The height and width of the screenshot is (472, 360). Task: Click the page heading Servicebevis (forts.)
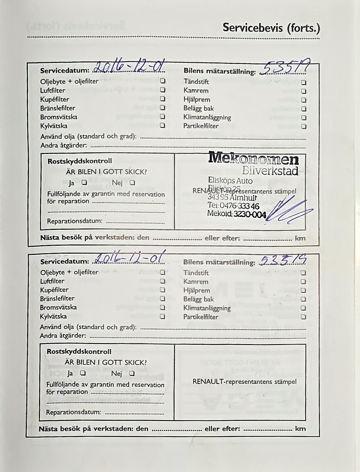coord(271,28)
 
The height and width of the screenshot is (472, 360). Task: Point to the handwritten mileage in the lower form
coord(283,260)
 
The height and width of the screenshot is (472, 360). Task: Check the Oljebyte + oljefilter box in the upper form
coord(163,81)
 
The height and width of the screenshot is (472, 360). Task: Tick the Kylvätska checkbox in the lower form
coord(162,316)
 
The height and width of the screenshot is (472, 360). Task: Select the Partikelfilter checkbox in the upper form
coord(303,127)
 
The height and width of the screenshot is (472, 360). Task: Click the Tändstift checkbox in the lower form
coord(303,273)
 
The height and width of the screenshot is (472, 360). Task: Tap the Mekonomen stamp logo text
coord(253,159)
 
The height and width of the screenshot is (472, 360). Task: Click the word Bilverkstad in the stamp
coord(270,171)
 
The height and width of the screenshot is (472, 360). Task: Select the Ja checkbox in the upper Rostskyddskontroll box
coord(84,182)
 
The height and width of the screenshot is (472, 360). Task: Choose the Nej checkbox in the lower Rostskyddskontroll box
coord(131,373)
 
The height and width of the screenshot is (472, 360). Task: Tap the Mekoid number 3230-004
coord(250,214)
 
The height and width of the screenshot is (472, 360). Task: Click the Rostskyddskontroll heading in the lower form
coord(79,351)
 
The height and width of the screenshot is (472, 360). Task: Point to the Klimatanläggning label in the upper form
coord(207,117)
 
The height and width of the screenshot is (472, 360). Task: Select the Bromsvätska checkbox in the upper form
coord(163,117)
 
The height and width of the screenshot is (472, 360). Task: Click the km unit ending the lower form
coord(300,429)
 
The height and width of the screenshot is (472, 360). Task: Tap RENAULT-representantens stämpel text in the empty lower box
coord(244,382)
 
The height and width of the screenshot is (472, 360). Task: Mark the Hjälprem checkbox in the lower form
coord(303,290)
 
